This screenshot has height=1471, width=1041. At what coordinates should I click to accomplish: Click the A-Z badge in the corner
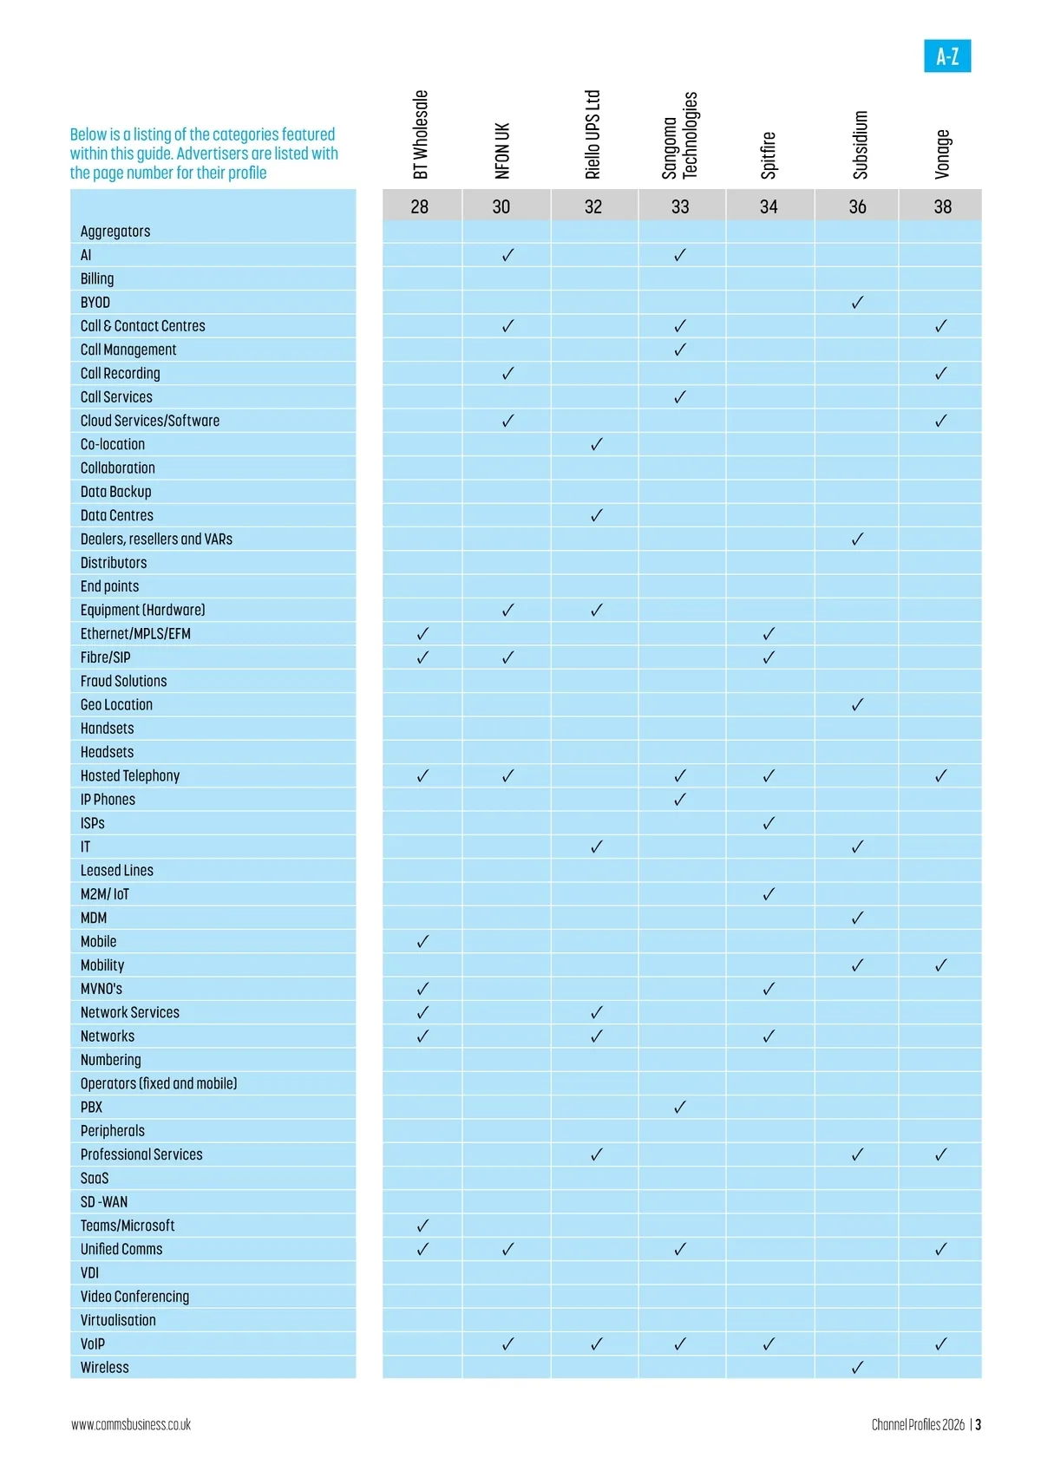pos(947,56)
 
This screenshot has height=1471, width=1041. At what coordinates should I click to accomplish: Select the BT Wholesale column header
pos(421,134)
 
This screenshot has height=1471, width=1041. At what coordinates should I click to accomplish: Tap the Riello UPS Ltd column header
pos(593,134)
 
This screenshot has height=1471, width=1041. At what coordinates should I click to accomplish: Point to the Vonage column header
pos(943,154)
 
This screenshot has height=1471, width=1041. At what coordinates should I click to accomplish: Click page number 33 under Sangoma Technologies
pos(680,206)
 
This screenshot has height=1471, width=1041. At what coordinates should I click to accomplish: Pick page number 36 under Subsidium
pos(857,206)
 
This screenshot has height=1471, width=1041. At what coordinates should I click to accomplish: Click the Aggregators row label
pos(115,232)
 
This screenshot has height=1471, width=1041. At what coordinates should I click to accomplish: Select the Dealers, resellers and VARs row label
pos(156,539)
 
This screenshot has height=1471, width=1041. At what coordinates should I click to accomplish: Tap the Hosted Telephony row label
pos(130,775)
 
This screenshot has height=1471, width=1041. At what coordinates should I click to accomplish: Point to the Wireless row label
pos(104,1367)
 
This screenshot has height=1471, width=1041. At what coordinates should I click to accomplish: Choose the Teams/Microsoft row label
pos(128,1226)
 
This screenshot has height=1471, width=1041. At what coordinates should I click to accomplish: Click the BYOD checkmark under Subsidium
pos(857,303)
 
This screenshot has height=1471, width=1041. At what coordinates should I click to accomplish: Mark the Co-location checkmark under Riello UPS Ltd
pos(596,444)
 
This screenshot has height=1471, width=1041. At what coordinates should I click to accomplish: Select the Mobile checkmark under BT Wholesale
pos(422,941)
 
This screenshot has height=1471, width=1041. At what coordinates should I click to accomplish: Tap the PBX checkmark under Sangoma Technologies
pos(680,1107)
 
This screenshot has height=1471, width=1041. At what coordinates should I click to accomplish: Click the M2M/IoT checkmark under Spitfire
pos(769,894)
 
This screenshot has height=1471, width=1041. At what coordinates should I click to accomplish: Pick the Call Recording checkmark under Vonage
pos(941,374)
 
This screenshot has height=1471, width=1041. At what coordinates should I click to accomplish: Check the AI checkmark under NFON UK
pos(507,255)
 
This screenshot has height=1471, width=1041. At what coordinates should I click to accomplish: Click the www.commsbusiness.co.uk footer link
pos(131,1424)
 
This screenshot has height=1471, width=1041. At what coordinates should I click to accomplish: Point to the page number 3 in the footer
pos(978,1424)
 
